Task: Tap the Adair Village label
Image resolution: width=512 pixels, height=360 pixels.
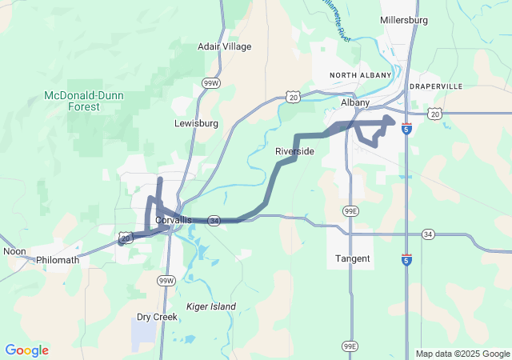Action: (x=224, y=46)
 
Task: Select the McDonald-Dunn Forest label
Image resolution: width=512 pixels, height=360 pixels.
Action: (x=83, y=101)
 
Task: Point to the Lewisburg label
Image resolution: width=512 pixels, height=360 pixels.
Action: (x=196, y=124)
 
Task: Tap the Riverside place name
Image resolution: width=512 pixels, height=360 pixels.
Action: (x=294, y=151)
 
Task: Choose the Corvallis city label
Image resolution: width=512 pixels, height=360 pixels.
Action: (x=174, y=220)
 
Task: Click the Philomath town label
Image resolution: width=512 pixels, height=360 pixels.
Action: (x=58, y=260)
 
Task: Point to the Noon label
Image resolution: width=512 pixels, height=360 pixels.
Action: (x=14, y=251)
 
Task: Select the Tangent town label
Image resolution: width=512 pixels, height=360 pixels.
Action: (x=353, y=258)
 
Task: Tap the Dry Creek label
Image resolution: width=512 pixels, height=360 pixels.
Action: (x=157, y=317)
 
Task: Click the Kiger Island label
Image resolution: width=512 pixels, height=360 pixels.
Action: (x=211, y=306)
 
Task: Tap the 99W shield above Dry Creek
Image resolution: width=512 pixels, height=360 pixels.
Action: (x=166, y=281)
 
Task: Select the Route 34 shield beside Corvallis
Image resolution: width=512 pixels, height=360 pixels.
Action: (x=214, y=219)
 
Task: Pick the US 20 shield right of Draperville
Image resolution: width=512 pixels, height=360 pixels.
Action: (x=435, y=114)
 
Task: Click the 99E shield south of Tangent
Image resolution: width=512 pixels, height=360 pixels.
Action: (x=350, y=346)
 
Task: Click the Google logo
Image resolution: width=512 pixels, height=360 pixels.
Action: (x=26, y=350)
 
